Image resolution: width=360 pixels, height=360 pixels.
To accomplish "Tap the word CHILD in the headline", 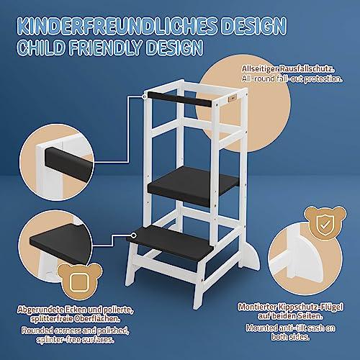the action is tap(42, 48).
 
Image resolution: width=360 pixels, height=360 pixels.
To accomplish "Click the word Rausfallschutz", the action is tap(307, 69).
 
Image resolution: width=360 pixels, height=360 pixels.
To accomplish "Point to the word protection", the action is tap(323, 79).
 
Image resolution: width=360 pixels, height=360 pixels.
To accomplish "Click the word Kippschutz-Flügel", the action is tap(310, 307).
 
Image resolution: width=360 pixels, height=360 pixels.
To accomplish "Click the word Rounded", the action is tap(37, 330).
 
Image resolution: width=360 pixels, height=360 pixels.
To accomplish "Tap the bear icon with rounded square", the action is tap(80, 282).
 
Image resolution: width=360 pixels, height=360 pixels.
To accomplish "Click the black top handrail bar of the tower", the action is tap(179, 99).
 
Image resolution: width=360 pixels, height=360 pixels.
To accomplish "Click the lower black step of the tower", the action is tap(170, 243).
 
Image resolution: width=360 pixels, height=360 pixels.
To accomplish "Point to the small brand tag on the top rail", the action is tap(233, 98).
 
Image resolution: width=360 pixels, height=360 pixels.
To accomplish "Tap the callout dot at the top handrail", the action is tap(144, 96).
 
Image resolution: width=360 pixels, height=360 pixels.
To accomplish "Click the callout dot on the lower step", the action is tap(134, 235).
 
